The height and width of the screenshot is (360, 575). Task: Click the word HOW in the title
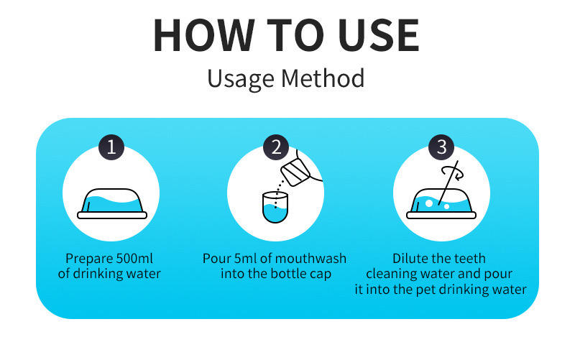tap(204, 35)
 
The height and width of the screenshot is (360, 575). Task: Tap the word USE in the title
tap(379, 35)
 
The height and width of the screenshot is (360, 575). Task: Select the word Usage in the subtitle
tap(241, 79)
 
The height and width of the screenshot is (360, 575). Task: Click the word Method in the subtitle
tap(323, 78)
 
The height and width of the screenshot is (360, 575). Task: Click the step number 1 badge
tap(111, 147)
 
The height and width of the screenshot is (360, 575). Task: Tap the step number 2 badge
tap(276, 147)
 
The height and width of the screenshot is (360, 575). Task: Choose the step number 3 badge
tap(441, 147)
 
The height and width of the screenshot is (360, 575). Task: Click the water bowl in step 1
tap(112, 204)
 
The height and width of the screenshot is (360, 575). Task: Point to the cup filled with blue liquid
tap(275, 208)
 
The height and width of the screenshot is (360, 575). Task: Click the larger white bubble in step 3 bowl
tap(428, 203)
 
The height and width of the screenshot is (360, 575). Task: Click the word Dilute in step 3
tap(410, 259)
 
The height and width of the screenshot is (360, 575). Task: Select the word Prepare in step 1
tap(88, 259)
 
